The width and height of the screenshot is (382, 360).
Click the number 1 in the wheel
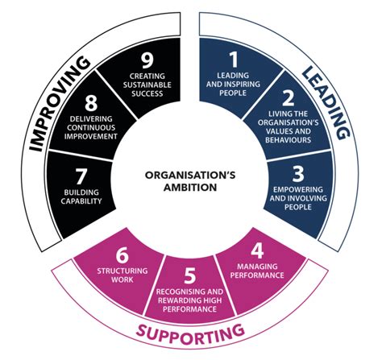pyautogui.click(x=234, y=59)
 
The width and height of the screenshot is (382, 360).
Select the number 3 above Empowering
pyautogui.click(x=297, y=173)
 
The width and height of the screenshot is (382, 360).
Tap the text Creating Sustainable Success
pyautogui.click(x=147, y=85)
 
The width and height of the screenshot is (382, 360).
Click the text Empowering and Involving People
pyautogui.click(x=296, y=200)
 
